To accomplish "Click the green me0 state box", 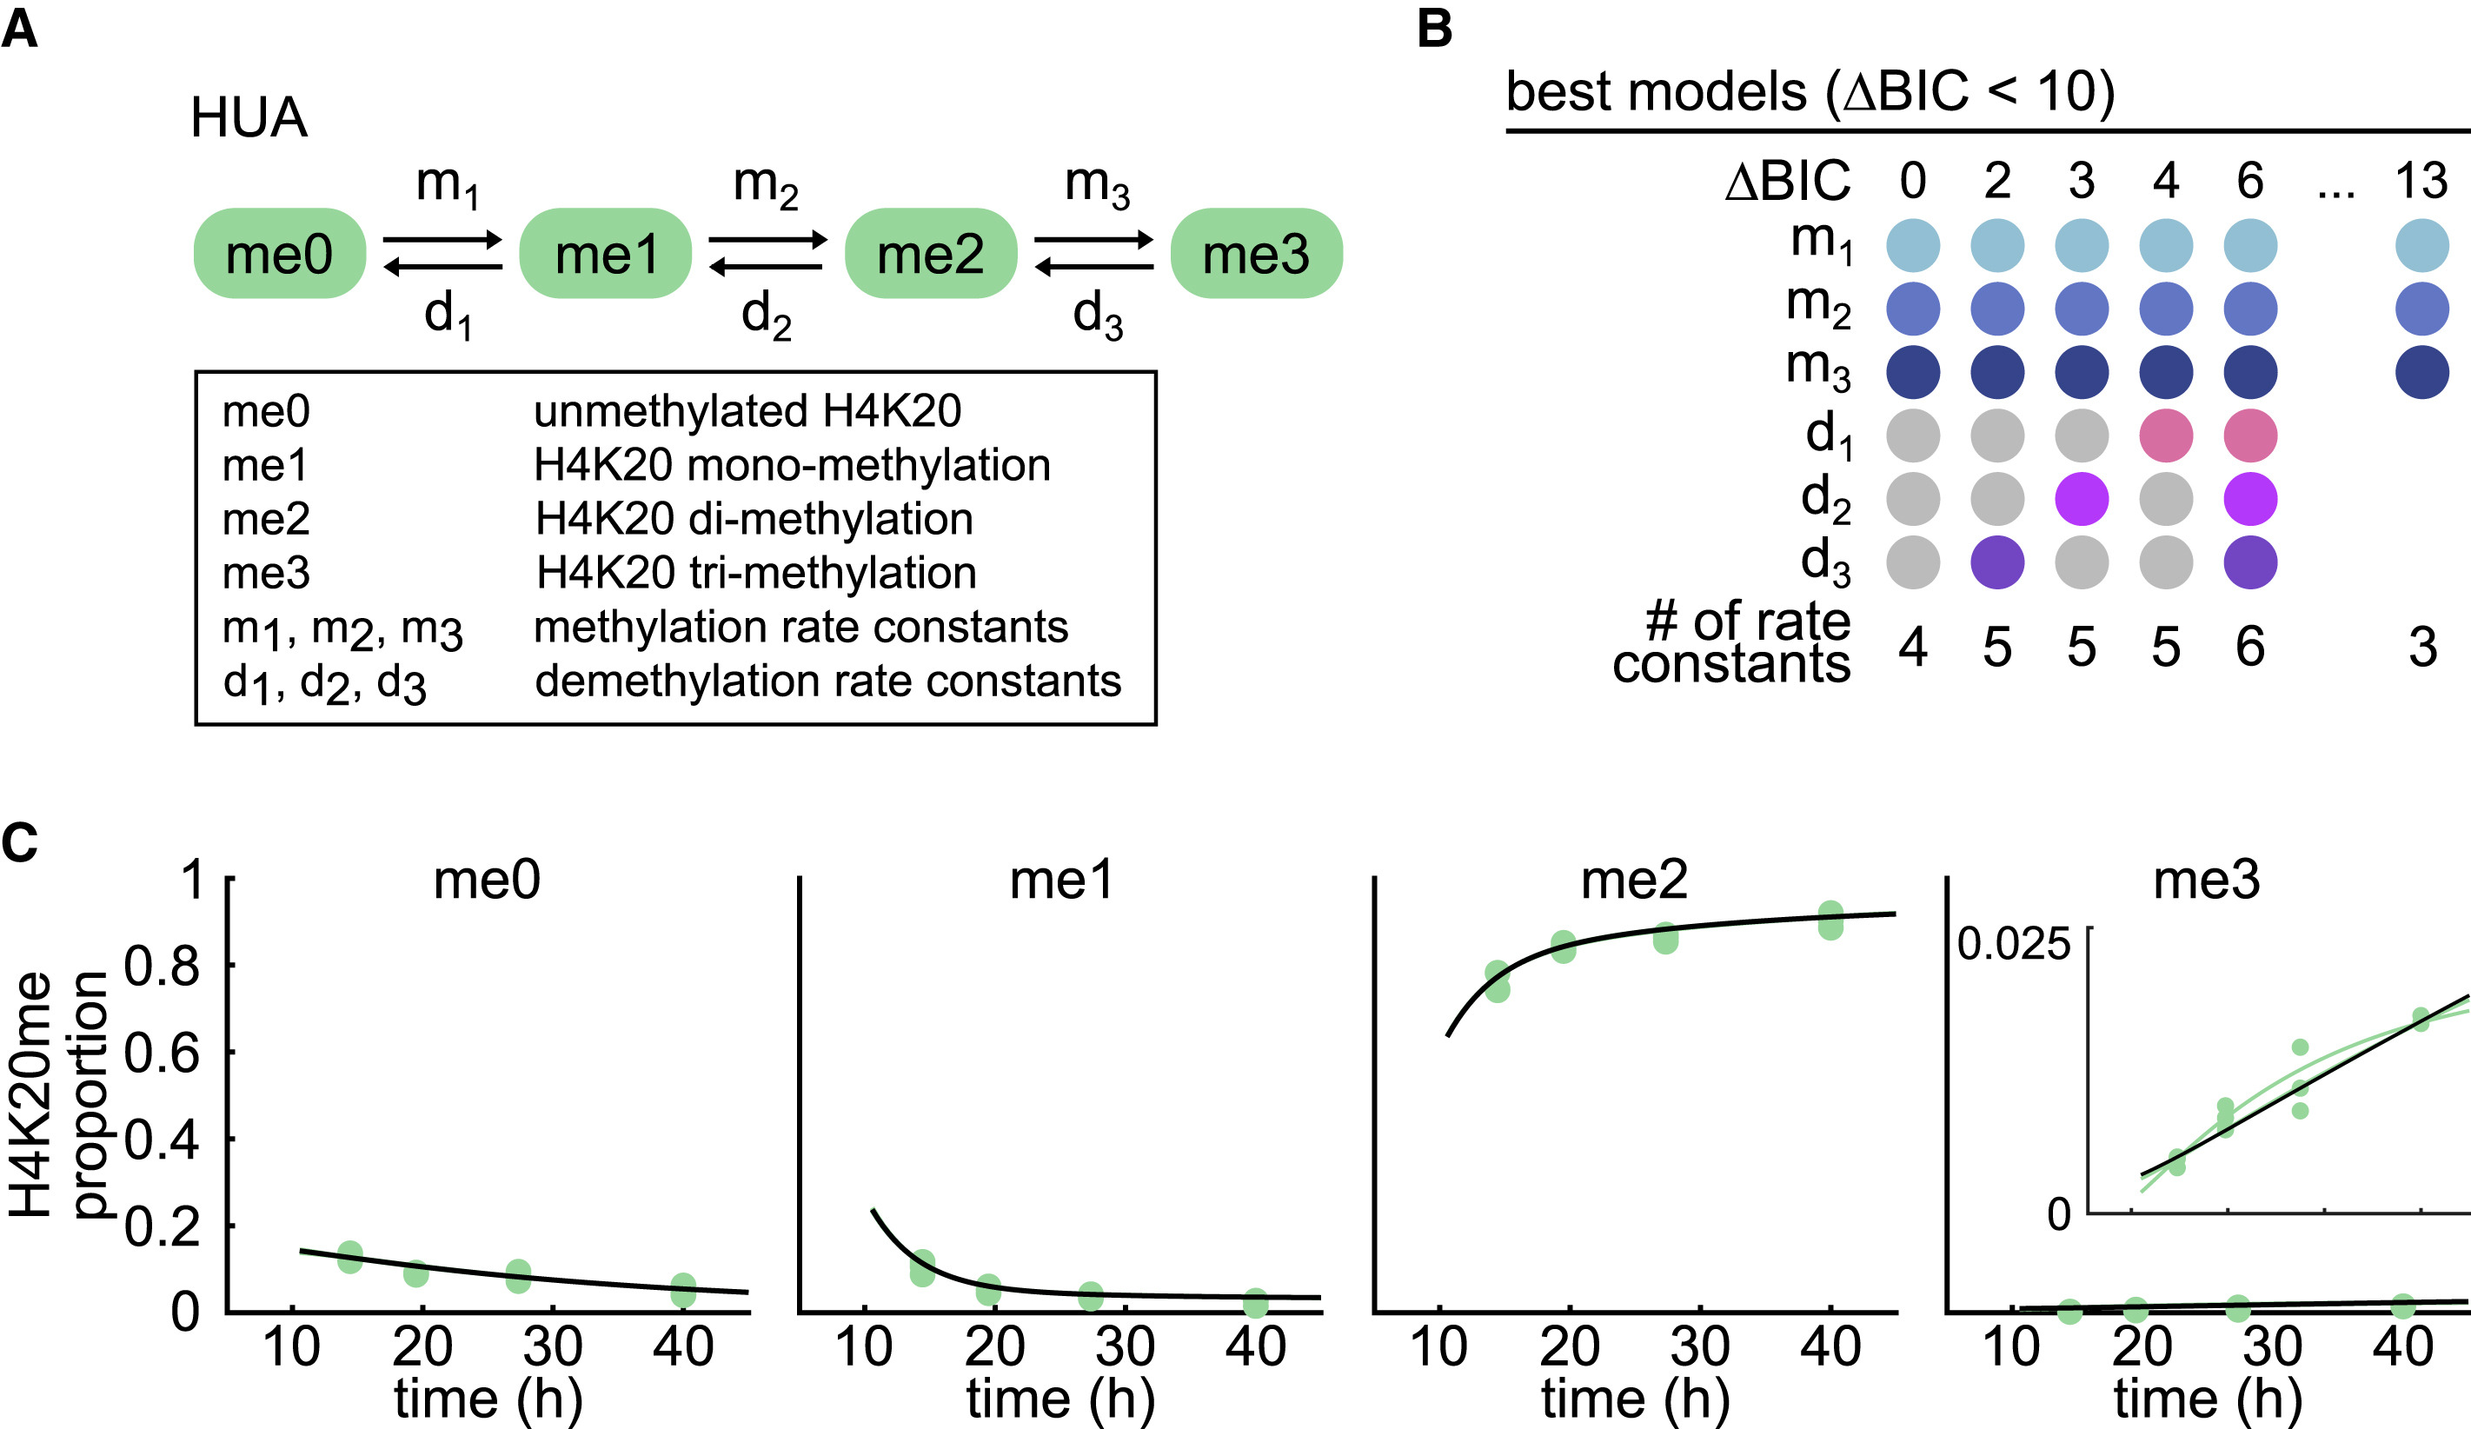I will (280, 253).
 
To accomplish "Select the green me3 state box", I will (1256, 253).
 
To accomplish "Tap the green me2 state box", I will (931, 253).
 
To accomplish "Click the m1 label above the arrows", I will (447, 184).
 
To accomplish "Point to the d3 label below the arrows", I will (1097, 316).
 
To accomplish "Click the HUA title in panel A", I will (249, 117).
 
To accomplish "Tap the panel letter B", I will (1435, 29).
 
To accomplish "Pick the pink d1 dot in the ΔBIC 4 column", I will (2165, 435).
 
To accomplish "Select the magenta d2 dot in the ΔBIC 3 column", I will (2081, 499).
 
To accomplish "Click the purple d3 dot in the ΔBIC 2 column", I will (1997, 563).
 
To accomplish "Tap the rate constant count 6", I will (2250, 647).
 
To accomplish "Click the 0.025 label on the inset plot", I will (2013, 945).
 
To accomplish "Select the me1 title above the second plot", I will (1062, 880).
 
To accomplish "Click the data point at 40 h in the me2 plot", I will (1830, 920).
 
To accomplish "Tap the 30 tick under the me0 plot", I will (553, 1347).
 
